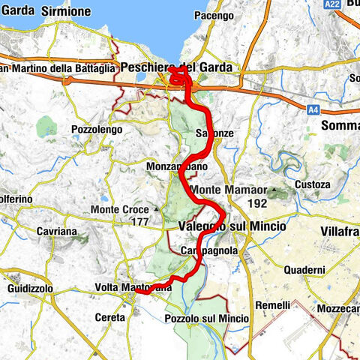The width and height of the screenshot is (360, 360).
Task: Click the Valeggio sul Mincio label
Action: pos(226,226)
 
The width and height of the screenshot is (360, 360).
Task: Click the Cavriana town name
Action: pos(55,232)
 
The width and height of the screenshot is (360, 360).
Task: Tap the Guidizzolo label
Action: pos(31,288)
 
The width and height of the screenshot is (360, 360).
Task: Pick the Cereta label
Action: pos(111,317)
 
